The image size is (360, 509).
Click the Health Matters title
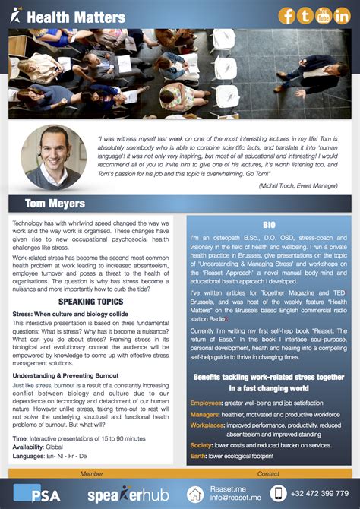[75, 17]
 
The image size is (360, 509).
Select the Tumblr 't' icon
[305, 16]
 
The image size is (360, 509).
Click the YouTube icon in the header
[324, 16]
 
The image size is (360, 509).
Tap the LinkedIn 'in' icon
[342, 16]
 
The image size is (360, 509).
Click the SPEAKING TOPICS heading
[91, 302]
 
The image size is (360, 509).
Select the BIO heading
[269, 226]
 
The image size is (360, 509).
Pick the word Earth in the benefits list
[198, 455]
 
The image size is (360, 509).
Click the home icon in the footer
[196, 494]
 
